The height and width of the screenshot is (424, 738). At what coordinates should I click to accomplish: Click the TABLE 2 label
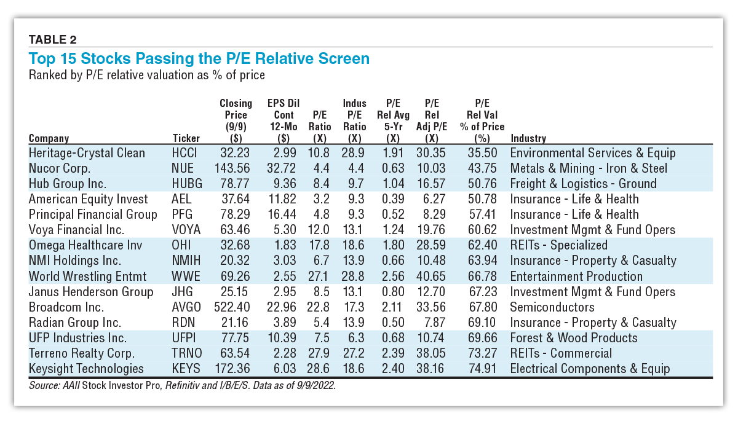coord(52,40)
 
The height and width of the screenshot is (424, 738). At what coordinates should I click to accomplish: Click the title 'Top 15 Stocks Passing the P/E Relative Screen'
coord(199,58)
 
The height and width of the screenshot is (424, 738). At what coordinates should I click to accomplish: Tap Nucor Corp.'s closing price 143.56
coord(234,168)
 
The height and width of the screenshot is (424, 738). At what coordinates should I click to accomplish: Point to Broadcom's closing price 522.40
coord(234,307)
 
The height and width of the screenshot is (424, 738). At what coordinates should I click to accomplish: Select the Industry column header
coord(528,138)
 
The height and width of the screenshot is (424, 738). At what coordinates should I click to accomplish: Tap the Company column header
coord(49,138)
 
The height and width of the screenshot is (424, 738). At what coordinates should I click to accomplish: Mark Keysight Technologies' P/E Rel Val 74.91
coord(482,369)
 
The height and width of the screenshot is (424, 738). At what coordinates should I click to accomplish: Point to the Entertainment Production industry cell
coord(576,277)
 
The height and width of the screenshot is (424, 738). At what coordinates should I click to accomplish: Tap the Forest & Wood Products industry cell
coord(574,338)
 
